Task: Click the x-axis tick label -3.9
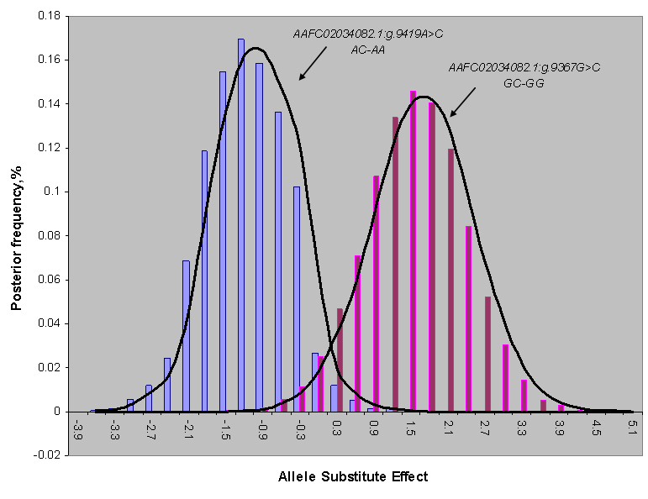77,431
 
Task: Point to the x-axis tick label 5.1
632,431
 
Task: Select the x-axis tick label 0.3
336,431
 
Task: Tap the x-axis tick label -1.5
225,431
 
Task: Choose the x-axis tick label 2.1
447,431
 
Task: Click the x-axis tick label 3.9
558,431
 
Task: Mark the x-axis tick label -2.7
151,431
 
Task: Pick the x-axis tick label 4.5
595,431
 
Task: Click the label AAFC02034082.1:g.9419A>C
368,34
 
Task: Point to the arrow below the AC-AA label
312,63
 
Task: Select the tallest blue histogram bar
241,225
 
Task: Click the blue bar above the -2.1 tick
187,336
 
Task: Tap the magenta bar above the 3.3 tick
524,396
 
